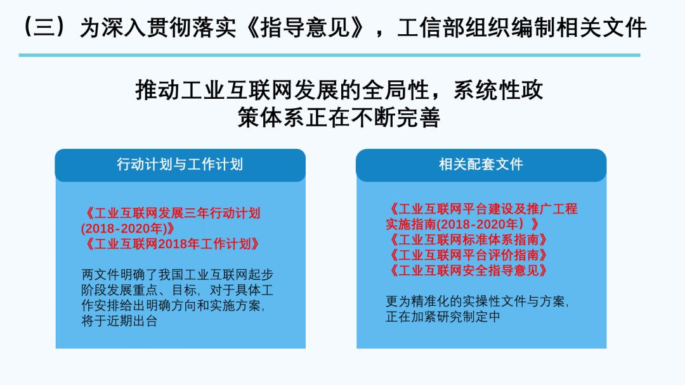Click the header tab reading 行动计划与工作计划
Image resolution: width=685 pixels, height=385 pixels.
179,165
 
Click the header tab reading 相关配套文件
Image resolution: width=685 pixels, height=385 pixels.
481,165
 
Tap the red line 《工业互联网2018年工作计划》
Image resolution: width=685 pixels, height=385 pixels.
171,244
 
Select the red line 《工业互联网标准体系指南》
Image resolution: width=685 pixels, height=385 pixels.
467,240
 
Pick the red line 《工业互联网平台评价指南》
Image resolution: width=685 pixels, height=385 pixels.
467,255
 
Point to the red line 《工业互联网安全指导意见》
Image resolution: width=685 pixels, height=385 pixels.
467,270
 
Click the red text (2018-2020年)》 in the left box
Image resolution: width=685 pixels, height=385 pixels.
127,229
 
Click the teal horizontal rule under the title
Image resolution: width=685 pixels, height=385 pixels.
329,55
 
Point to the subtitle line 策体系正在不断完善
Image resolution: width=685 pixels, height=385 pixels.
339,118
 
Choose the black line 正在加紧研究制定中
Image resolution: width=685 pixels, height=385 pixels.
443,317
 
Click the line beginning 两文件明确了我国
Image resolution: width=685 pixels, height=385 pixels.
178,275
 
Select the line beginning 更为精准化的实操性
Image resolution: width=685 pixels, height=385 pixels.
477,301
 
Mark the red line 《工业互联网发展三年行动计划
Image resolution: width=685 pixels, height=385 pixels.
171,213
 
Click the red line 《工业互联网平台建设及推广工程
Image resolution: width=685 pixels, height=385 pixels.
482,209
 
